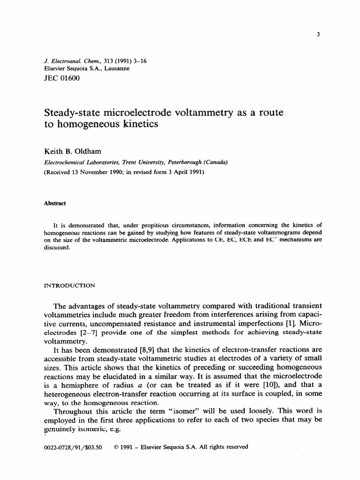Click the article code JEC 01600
[x=61, y=78]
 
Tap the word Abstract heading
[x=55, y=203]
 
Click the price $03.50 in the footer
[x=95, y=447]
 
